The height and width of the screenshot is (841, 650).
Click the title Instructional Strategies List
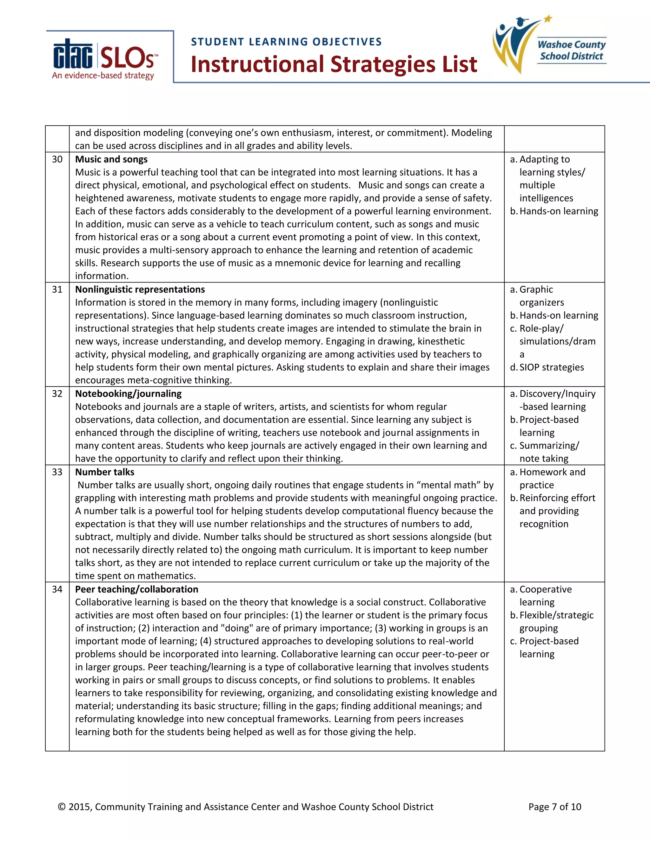pyautogui.click(x=334, y=64)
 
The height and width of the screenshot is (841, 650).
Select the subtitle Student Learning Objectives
pyautogui.click(x=286, y=42)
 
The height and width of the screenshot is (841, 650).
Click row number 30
pyautogui.click(x=57, y=159)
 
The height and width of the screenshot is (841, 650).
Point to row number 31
pyautogui.click(x=57, y=289)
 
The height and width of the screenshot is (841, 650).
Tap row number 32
pyautogui.click(x=57, y=394)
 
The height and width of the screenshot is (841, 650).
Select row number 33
pyautogui.click(x=57, y=472)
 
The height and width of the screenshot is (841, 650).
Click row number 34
pyautogui.click(x=57, y=589)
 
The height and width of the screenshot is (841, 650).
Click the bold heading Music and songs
pyautogui.click(x=111, y=159)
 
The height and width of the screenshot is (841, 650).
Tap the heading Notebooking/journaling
pyautogui.click(x=128, y=394)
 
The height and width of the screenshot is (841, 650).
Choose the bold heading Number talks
pyautogui.click(x=105, y=472)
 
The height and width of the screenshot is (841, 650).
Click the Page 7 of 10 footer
pyautogui.click(x=554, y=807)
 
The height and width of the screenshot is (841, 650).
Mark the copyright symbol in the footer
pyautogui.click(x=62, y=807)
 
